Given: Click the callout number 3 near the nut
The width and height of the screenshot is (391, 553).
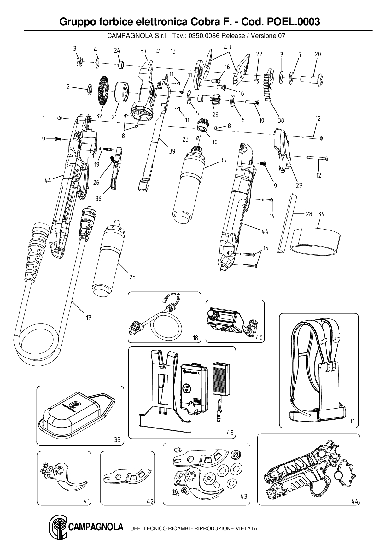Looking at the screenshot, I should (75, 49).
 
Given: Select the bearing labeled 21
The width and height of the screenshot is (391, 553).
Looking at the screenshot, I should (121, 92).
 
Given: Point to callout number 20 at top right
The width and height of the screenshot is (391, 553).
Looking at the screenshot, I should (318, 54).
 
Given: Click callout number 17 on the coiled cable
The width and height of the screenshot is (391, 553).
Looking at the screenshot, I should (89, 318).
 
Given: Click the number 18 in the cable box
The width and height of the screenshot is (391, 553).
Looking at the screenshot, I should (195, 338).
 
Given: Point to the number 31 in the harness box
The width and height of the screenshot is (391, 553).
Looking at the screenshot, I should (352, 421).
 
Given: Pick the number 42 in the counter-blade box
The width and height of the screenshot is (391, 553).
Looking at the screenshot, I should (150, 501).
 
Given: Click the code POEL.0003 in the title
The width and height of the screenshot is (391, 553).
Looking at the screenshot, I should (294, 22).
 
